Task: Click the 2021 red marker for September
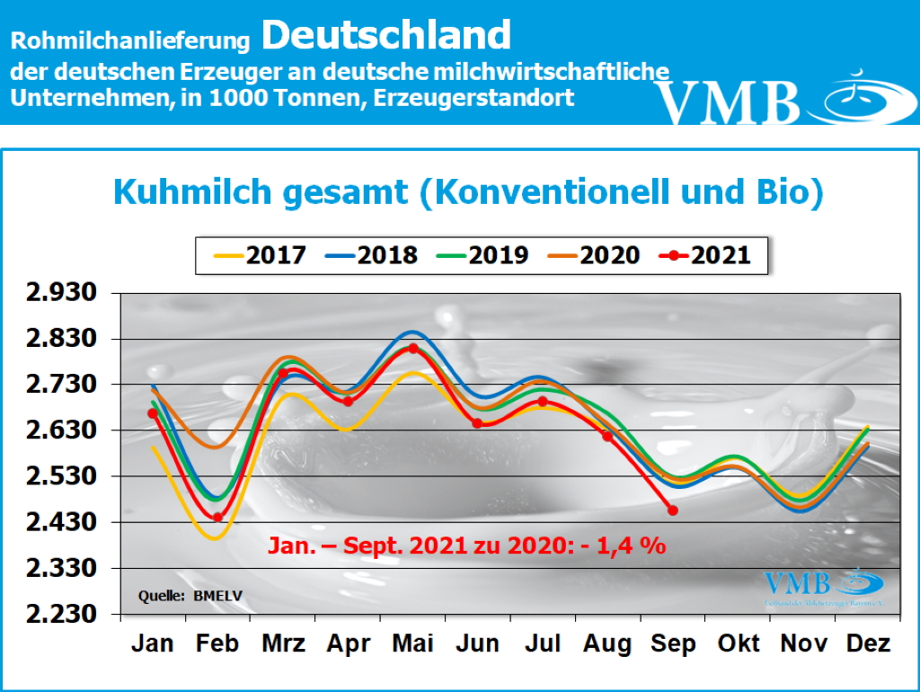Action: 673,510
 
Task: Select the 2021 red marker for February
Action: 217,517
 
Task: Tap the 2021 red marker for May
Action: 413,349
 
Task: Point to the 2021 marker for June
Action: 477,423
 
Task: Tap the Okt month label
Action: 738,644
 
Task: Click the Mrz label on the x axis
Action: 283,644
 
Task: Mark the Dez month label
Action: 868,644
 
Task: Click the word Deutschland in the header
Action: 387,36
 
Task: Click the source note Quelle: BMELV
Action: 190,595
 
